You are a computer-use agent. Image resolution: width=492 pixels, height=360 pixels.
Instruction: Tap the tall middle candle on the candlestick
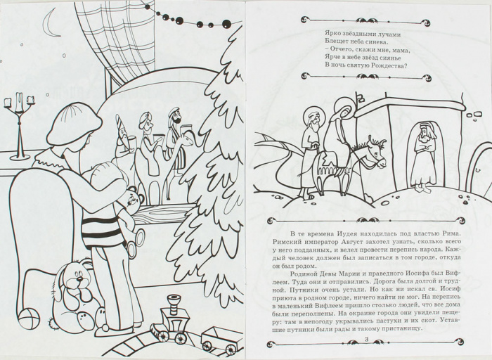tap(20, 102)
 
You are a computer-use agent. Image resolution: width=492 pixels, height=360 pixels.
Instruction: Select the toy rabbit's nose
tap(79, 279)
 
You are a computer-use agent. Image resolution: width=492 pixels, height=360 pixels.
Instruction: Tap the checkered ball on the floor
tap(30, 319)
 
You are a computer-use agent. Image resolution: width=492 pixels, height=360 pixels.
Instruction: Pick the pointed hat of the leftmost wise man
tap(120, 123)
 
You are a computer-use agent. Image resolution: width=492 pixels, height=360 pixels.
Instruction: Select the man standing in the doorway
tap(422, 157)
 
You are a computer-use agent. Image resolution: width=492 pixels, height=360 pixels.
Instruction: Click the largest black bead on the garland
tap(226, 23)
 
